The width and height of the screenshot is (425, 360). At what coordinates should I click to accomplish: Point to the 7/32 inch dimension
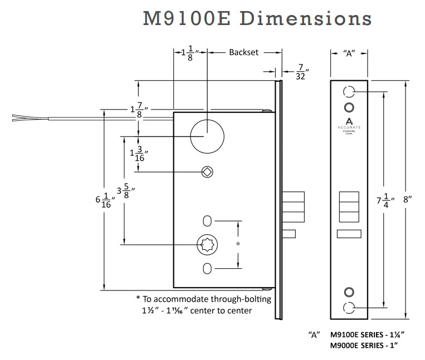click(300, 72)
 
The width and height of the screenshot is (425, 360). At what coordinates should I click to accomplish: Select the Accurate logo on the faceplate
click(349, 124)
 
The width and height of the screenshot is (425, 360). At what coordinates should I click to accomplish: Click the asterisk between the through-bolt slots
click(238, 244)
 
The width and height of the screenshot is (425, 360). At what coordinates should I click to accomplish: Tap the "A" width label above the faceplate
click(349, 53)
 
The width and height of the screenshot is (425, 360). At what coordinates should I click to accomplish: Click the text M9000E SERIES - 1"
click(367, 345)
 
